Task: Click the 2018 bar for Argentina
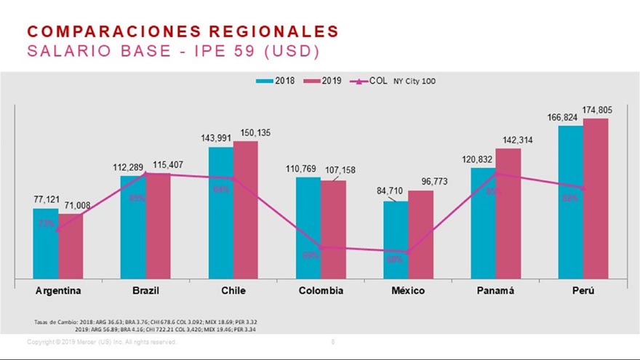point(45,244)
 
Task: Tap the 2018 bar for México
point(396,240)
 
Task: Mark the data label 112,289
point(131,167)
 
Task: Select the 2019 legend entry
point(325,81)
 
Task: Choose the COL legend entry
point(370,81)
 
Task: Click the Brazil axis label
point(145,291)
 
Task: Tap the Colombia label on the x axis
point(321,291)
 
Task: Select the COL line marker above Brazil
point(145,174)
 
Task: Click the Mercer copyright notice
point(101,342)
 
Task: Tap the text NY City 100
point(415,81)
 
